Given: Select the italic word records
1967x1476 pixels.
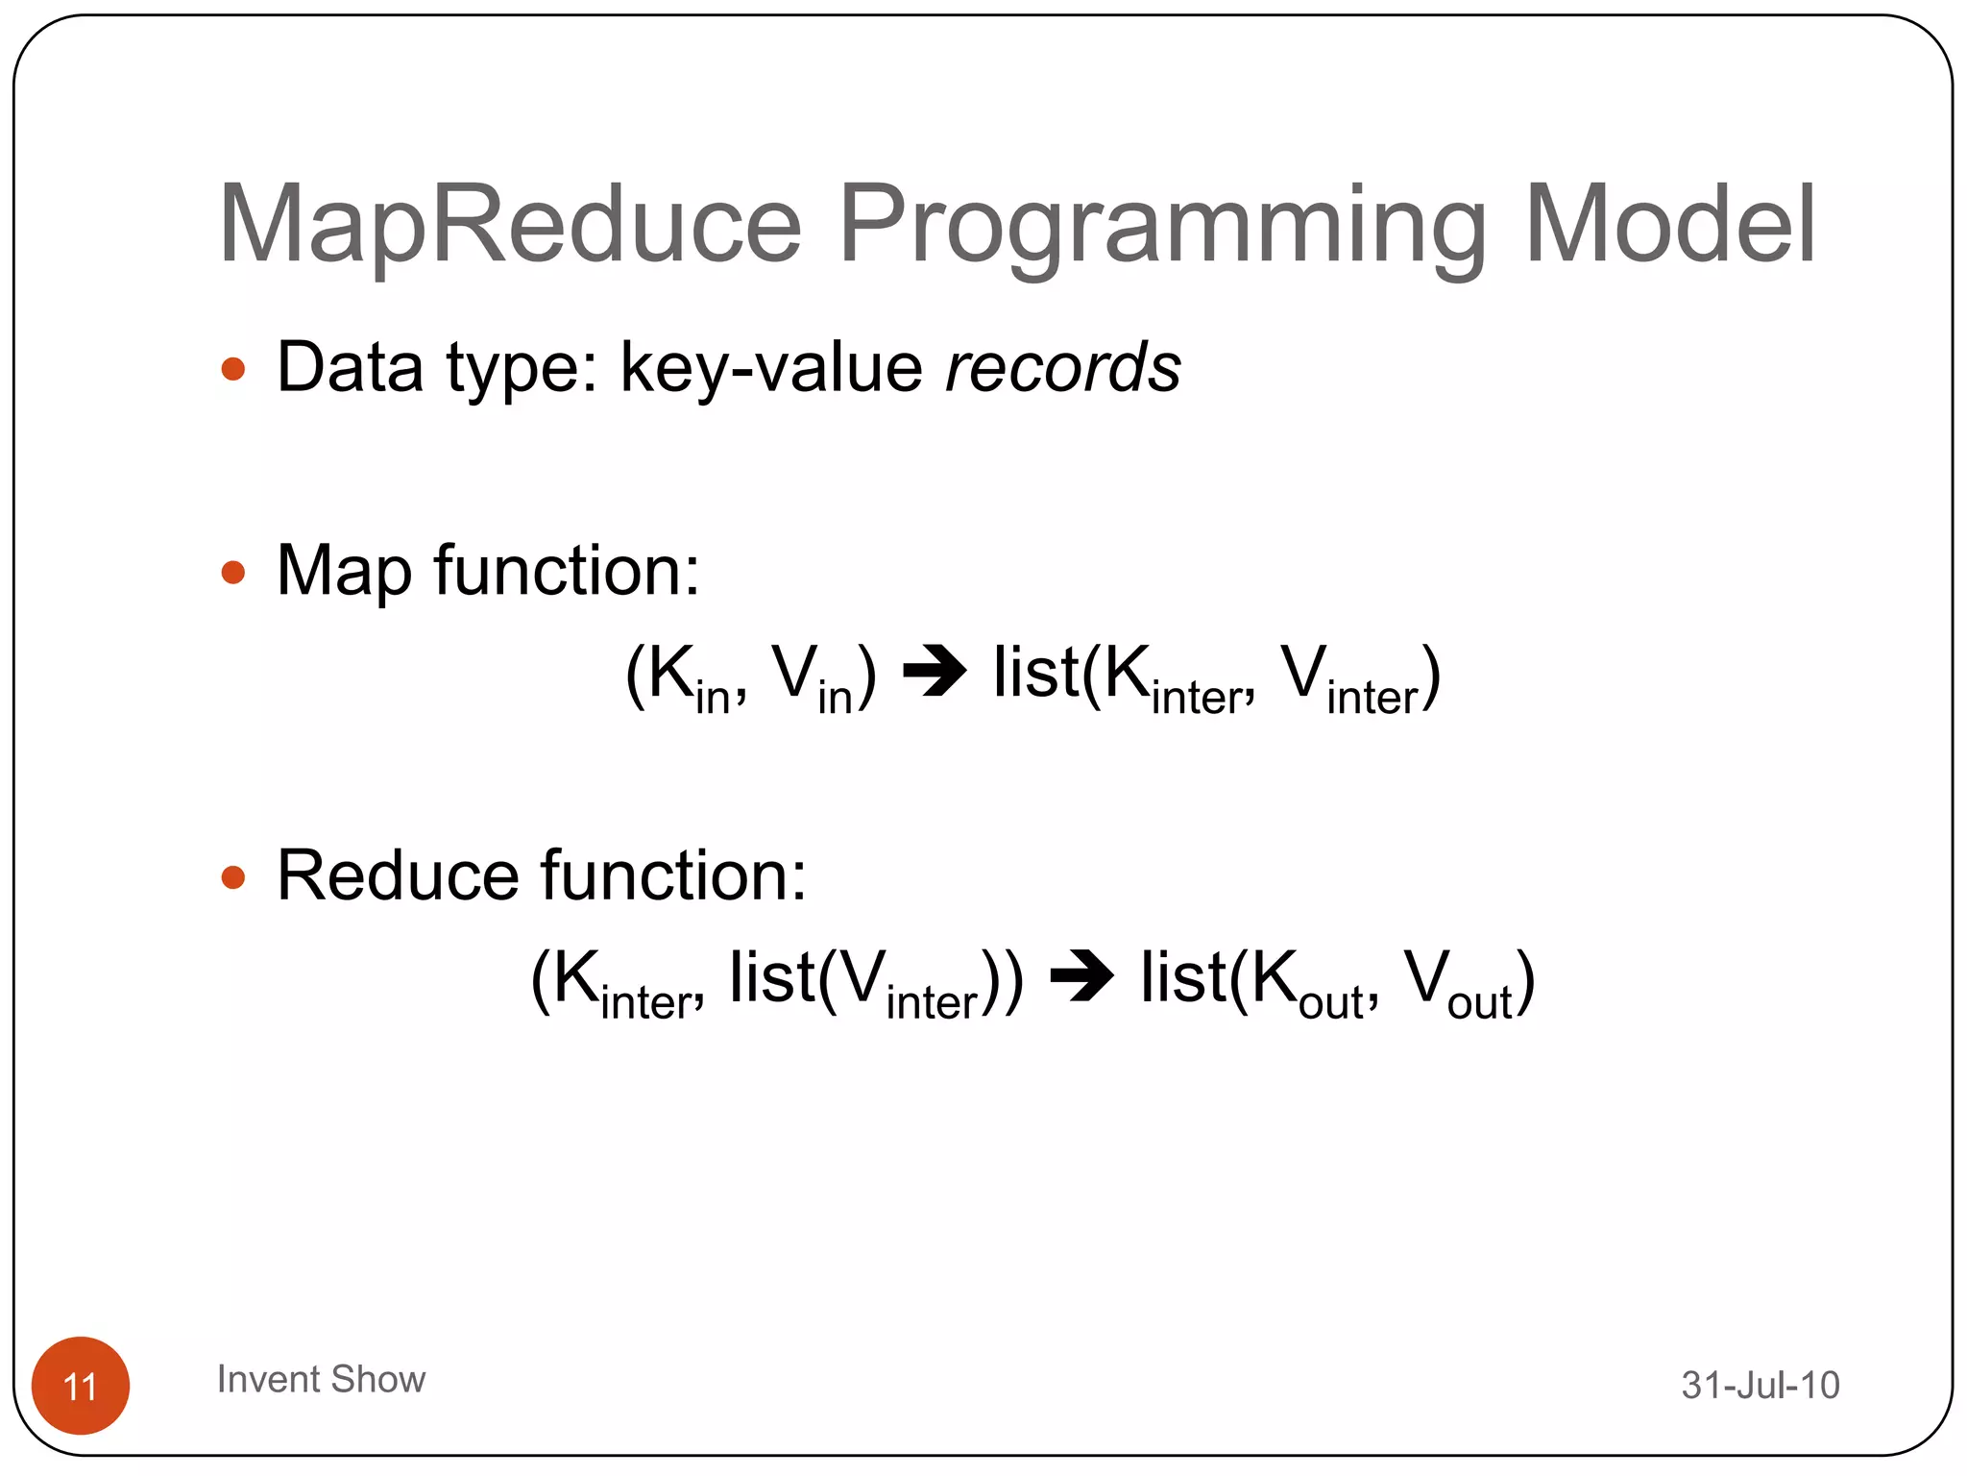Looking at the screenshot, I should tap(1062, 368).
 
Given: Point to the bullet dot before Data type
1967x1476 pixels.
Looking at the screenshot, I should tap(233, 370).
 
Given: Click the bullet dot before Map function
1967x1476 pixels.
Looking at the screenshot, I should tap(233, 574).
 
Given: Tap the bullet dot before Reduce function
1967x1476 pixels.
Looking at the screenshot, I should tap(233, 877).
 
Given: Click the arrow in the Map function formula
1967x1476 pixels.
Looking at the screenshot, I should tap(935, 671).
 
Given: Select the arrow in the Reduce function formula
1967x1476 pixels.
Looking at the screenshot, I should tap(1081, 976).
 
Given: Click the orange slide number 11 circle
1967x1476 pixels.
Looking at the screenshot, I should tap(81, 1385).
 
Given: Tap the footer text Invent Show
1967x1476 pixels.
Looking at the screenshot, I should tap(321, 1379).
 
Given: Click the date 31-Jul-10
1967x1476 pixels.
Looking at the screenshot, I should tap(1760, 1385).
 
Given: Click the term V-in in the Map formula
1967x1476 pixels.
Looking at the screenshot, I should tap(813, 678).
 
